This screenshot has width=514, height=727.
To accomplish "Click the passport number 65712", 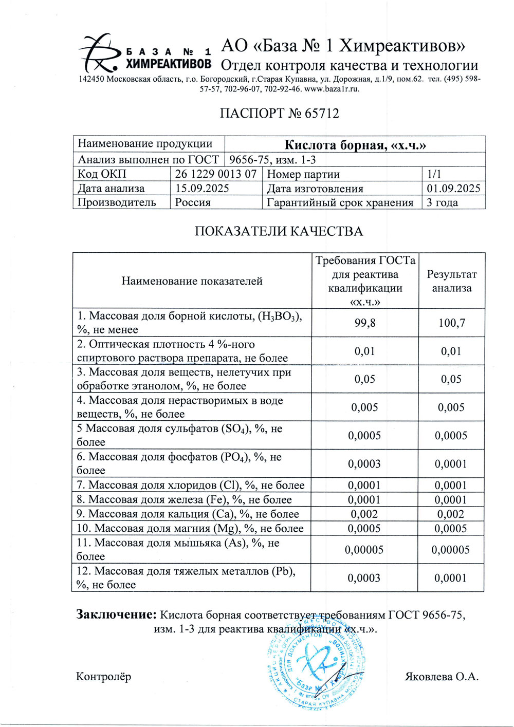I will [x=322, y=114].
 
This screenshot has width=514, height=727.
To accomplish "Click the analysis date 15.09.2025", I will [x=202, y=189].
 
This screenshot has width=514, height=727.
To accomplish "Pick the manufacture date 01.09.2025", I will [x=453, y=189].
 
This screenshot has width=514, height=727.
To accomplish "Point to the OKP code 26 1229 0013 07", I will [x=215, y=174].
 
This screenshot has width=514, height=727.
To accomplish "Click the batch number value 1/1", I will [x=434, y=174].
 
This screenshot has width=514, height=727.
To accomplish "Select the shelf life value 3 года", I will [x=442, y=202].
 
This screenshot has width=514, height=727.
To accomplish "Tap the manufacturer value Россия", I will [x=193, y=202].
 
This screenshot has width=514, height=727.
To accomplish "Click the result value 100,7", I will [x=451, y=323].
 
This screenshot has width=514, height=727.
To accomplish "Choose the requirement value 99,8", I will [x=365, y=323].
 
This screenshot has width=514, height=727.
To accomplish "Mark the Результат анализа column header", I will [x=451, y=281].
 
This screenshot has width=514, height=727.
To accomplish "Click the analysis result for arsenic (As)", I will [x=450, y=550].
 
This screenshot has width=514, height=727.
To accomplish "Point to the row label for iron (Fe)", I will [x=184, y=499].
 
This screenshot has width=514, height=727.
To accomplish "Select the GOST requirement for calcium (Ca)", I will [x=364, y=514].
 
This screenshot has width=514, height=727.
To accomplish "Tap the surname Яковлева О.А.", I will [x=442, y=677].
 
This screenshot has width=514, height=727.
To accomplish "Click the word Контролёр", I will [x=103, y=677].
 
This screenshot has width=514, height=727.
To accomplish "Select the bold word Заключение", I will [x=116, y=614].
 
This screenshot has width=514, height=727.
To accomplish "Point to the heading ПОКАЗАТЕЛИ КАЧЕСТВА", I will [x=279, y=232].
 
